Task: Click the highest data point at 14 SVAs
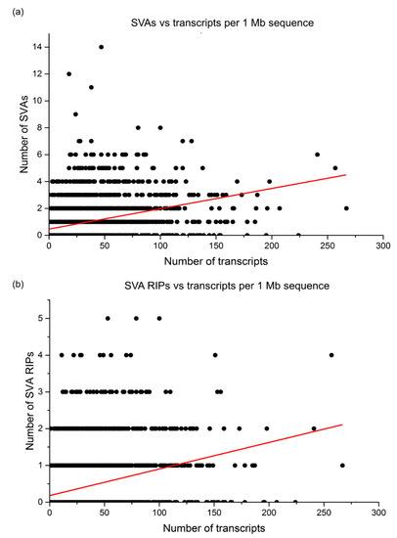[x=101, y=47]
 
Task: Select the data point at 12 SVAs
[x=68, y=74]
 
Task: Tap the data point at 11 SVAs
[x=91, y=87]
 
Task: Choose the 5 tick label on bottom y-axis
[x=39, y=318]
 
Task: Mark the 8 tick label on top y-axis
[x=39, y=127]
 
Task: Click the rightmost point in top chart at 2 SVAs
[x=347, y=207]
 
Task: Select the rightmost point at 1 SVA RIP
[x=342, y=465]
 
